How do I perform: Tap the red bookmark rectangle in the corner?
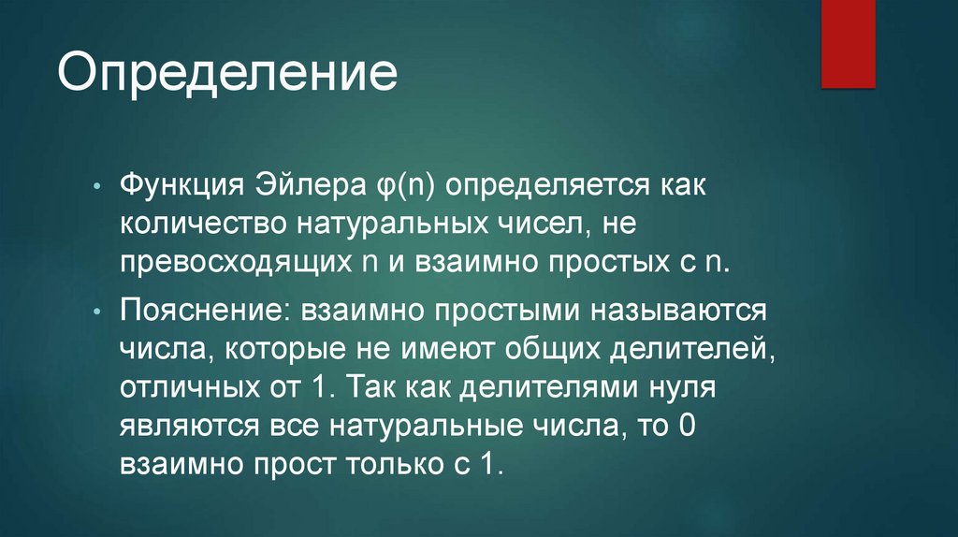pos(848,43)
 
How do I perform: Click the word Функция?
pos(181,184)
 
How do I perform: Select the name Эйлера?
pos(304,184)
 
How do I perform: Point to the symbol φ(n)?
pos(396,185)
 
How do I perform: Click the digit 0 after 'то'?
pos(687,427)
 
